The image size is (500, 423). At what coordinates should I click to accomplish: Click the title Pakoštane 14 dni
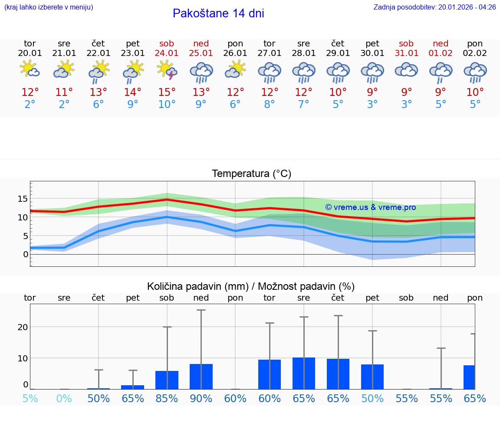coord(218,13)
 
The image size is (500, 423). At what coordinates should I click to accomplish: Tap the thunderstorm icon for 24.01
coord(167,70)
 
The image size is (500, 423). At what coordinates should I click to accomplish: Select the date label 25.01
coord(201,53)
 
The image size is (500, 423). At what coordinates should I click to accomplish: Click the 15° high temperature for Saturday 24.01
coord(167,92)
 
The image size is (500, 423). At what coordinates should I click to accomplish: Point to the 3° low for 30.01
coord(372,105)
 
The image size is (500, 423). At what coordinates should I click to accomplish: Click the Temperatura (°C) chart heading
coord(251,174)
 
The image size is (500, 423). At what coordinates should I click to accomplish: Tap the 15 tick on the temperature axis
coord(23,199)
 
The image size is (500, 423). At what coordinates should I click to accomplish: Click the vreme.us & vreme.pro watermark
coord(371,207)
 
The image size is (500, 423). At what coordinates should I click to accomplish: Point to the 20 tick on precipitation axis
coord(23,327)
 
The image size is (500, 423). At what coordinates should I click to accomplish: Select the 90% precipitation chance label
coord(201,398)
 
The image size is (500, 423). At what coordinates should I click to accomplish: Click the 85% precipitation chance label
coord(167,398)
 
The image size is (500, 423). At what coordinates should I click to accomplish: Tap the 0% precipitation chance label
coord(64,398)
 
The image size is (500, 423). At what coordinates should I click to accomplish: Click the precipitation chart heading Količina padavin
coord(251,286)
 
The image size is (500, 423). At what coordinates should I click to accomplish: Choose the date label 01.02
coord(441,53)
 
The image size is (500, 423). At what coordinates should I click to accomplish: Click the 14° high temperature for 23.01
coord(133,92)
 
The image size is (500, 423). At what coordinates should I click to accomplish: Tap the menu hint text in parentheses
coord(49,7)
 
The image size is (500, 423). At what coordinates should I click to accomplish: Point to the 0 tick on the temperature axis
coord(25,254)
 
